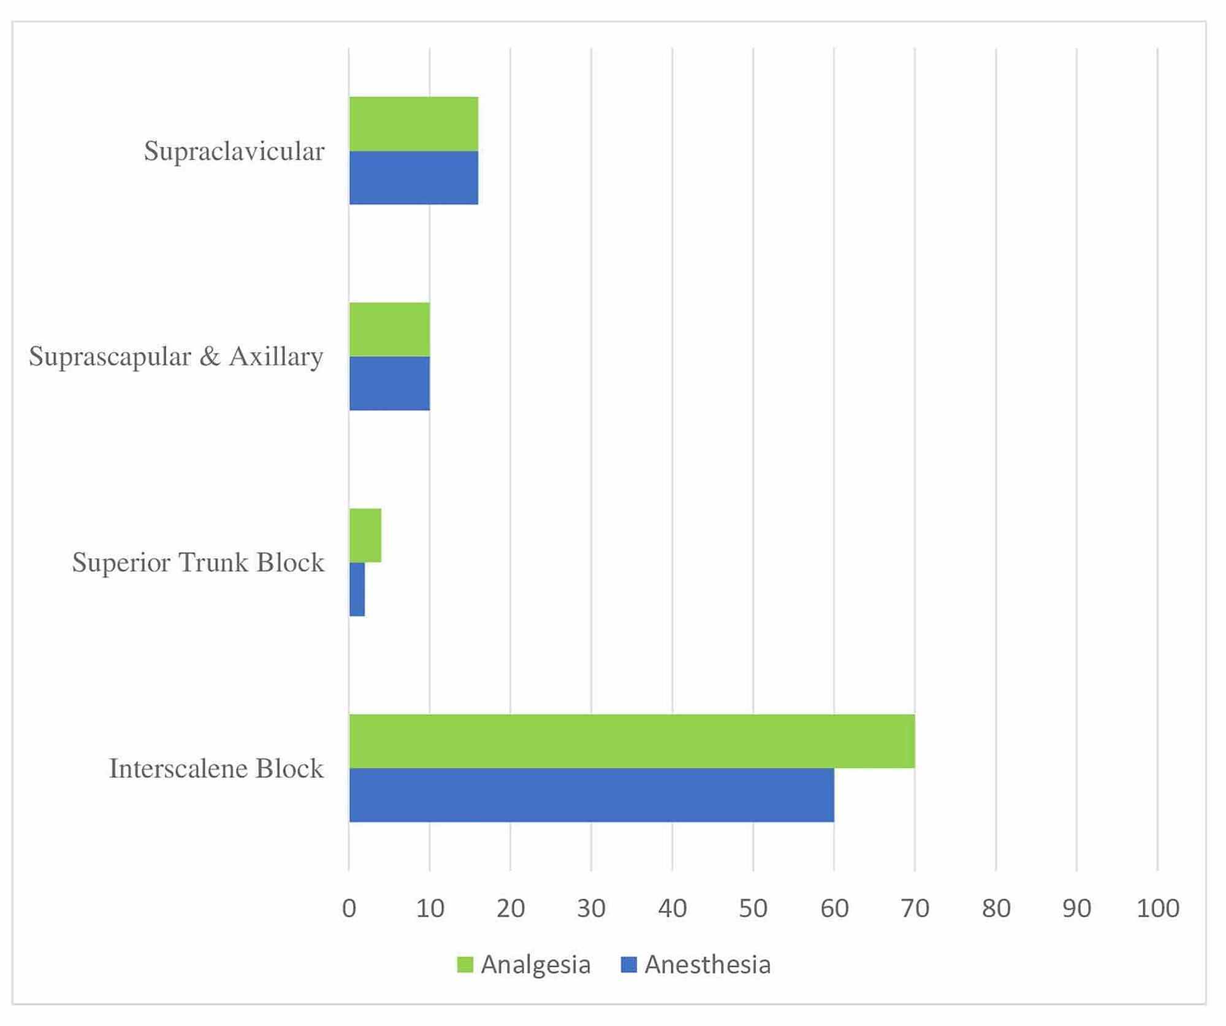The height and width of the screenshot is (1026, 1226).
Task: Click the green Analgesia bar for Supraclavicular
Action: pyautogui.click(x=414, y=124)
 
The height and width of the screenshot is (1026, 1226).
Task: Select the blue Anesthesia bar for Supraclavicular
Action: pyautogui.click(x=414, y=178)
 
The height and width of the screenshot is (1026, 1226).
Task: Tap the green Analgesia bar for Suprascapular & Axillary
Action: pyautogui.click(x=390, y=329)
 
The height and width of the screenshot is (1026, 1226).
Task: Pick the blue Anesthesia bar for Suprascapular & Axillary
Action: pyautogui.click(x=390, y=383)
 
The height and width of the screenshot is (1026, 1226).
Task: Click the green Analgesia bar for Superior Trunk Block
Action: pyautogui.click(x=365, y=535)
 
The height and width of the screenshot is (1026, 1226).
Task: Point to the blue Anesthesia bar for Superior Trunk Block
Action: pyautogui.click(x=357, y=589)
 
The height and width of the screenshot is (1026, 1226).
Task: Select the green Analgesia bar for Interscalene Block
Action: pyautogui.click(x=631, y=741)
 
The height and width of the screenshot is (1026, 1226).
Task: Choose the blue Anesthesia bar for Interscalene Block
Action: pyautogui.click(x=592, y=795)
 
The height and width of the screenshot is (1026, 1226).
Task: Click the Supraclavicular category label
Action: pyautogui.click(x=234, y=151)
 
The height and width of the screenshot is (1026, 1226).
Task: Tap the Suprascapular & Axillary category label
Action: pyautogui.click(x=177, y=356)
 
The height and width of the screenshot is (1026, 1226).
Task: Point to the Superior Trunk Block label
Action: pyautogui.click(x=198, y=562)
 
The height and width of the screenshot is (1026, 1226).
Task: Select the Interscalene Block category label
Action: pyautogui.click(x=216, y=768)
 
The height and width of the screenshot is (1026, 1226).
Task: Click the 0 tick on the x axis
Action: pyautogui.click(x=349, y=908)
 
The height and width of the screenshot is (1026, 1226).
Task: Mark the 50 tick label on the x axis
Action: pyautogui.click(x=753, y=908)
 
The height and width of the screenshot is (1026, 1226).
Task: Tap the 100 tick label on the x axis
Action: pyautogui.click(x=1157, y=908)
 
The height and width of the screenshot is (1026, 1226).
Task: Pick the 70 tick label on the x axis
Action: pyautogui.click(x=915, y=908)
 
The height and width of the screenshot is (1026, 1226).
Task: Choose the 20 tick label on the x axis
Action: pyautogui.click(x=511, y=908)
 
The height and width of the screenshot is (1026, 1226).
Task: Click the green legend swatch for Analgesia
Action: pyautogui.click(x=465, y=965)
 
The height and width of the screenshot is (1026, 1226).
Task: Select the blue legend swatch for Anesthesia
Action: pyautogui.click(x=629, y=965)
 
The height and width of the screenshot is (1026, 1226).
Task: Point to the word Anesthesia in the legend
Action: pyautogui.click(x=707, y=965)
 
